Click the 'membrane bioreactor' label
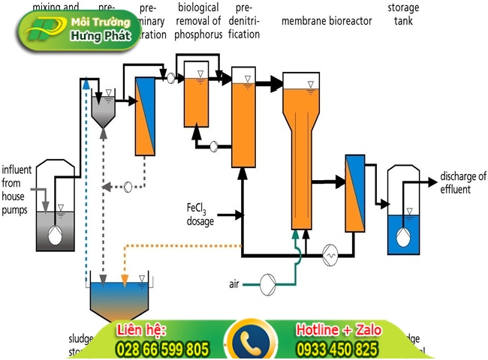pyautogui.click(x=327, y=21)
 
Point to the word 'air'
pyautogui.click(x=234, y=283)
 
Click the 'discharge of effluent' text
pyautogui.click(x=462, y=182)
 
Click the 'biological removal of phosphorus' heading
pyautogui.click(x=198, y=21)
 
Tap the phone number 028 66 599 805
pyautogui.click(x=161, y=349)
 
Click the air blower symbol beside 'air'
pyautogui.click(x=267, y=283)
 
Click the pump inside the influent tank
pyautogui.click(x=55, y=235)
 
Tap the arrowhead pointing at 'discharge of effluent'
pyautogui.click(x=433, y=181)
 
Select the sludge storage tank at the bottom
pyautogui.click(x=119, y=300)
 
